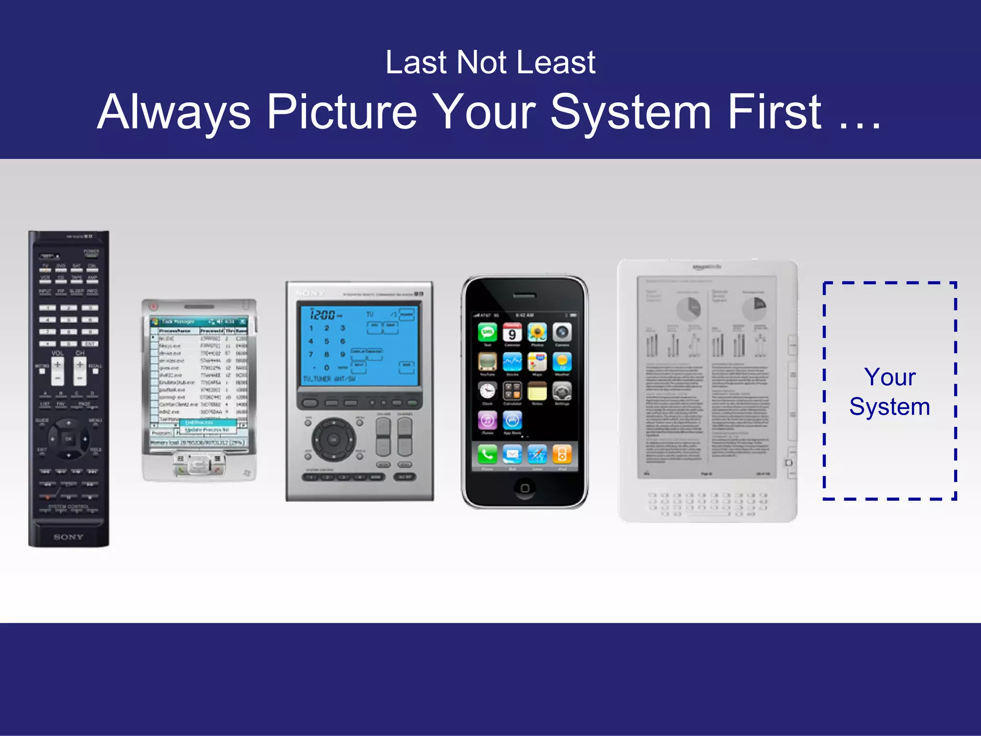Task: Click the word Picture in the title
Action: [342, 113]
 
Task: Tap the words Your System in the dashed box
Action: [890, 391]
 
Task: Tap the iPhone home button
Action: [525, 488]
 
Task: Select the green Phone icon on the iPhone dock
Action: [488, 454]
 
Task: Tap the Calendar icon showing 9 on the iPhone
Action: [512, 333]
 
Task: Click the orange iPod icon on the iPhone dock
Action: [562, 454]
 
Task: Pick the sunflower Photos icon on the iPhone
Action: [537, 333]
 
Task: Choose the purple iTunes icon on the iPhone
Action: [488, 421]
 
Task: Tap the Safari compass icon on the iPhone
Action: [537, 454]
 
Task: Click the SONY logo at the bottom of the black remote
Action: [68, 537]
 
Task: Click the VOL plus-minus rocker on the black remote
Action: [57, 371]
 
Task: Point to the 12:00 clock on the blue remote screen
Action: [323, 315]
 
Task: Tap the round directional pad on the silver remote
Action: [334, 439]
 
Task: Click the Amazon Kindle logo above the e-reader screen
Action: [707, 267]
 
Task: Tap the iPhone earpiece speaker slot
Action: [525, 296]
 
